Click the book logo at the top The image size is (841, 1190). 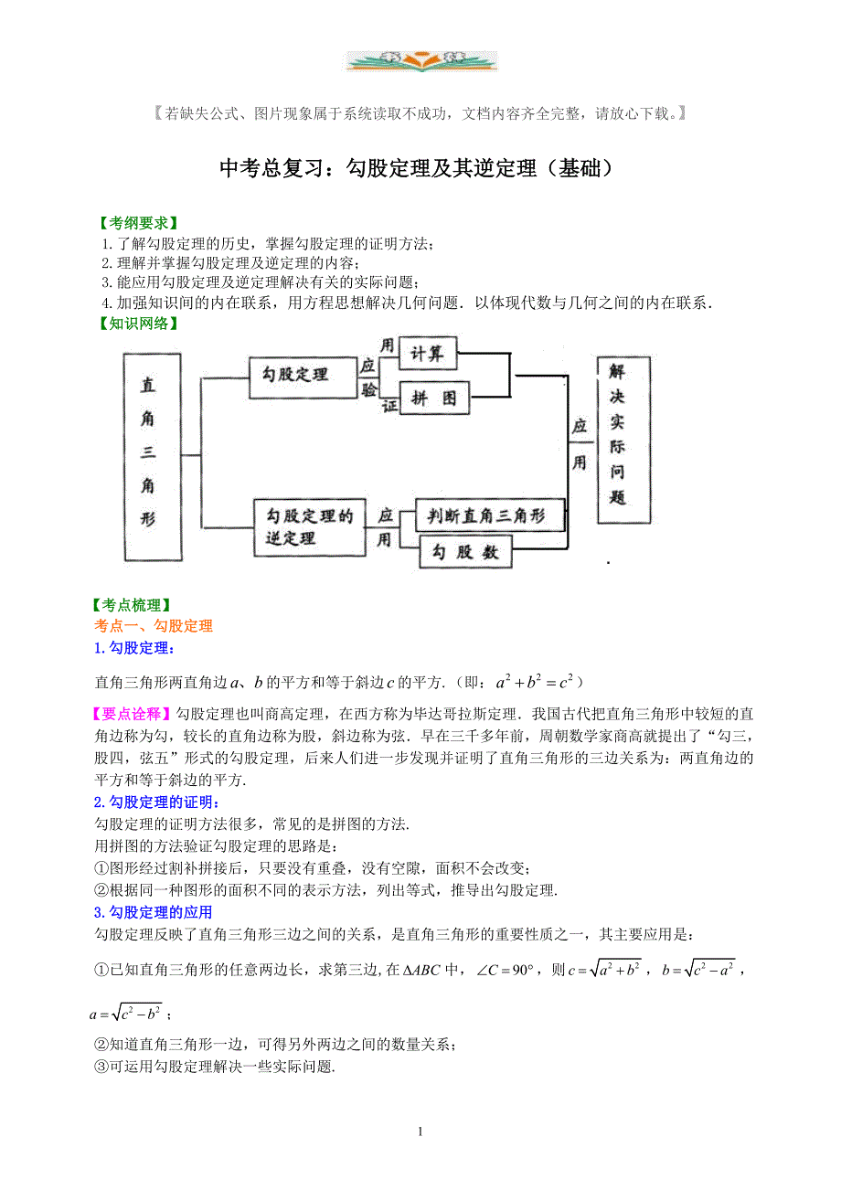click(x=421, y=60)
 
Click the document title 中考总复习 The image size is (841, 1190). click(x=415, y=169)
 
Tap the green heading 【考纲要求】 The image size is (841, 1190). click(x=137, y=223)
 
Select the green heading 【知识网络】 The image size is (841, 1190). click(x=137, y=323)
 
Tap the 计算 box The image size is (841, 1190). click(x=428, y=354)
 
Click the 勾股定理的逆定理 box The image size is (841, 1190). click(x=303, y=527)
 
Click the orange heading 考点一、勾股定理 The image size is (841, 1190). click(x=154, y=626)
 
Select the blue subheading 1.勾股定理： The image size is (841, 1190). click(x=134, y=648)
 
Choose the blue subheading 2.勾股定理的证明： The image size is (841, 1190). click(x=156, y=802)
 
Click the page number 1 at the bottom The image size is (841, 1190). click(x=420, y=1132)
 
